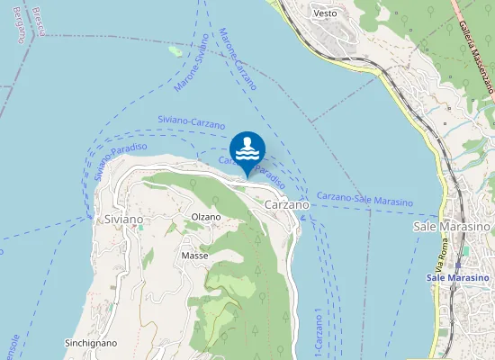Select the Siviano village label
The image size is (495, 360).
click(x=123, y=219)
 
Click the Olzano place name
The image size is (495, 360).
click(x=205, y=217)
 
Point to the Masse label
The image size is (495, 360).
click(x=194, y=256)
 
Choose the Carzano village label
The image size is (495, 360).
click(x=287, y=205)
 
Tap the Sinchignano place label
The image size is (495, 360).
click(x=91, y=343)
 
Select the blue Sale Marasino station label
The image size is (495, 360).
click(x=457, y=278)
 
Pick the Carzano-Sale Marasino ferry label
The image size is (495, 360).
click(x=364, y=198)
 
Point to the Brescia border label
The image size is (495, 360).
click(x=39, y=20)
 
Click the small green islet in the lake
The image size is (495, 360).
click(x=175, y=50)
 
